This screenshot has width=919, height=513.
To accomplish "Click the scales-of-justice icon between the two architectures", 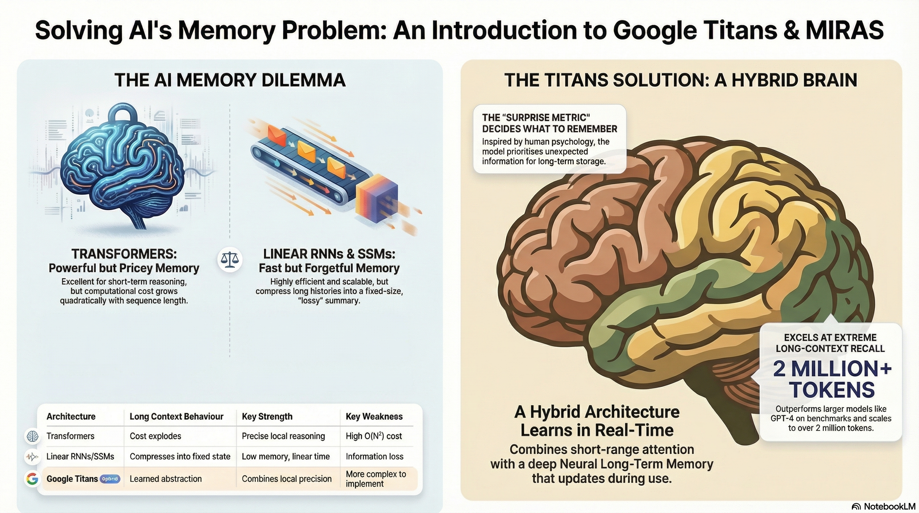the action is coord(230,260).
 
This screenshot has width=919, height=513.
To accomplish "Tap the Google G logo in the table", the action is coord(32,478).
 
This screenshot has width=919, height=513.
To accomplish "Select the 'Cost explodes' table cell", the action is coord(155,436).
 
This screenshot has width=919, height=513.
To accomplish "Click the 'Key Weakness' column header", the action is coord(374,416).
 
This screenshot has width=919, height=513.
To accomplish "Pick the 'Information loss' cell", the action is coord(374,456).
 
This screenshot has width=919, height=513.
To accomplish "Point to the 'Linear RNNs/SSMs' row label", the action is coord(80,456).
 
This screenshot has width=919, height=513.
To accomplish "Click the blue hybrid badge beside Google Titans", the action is coord(110,479).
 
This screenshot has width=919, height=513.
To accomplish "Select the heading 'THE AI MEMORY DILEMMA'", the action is coord(230,80).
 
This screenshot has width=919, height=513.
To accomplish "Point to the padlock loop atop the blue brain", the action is coord(123,114).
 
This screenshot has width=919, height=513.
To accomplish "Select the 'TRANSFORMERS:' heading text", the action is coord(124,254).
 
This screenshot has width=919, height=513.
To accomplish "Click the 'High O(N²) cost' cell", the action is coord(374,436).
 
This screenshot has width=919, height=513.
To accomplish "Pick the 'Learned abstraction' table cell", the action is coord(166,479).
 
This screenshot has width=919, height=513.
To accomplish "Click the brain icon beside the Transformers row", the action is coord(32,436).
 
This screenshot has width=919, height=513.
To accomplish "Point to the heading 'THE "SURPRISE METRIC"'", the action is coord(536,117).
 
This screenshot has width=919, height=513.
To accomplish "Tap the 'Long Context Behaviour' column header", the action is coord(176,416).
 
